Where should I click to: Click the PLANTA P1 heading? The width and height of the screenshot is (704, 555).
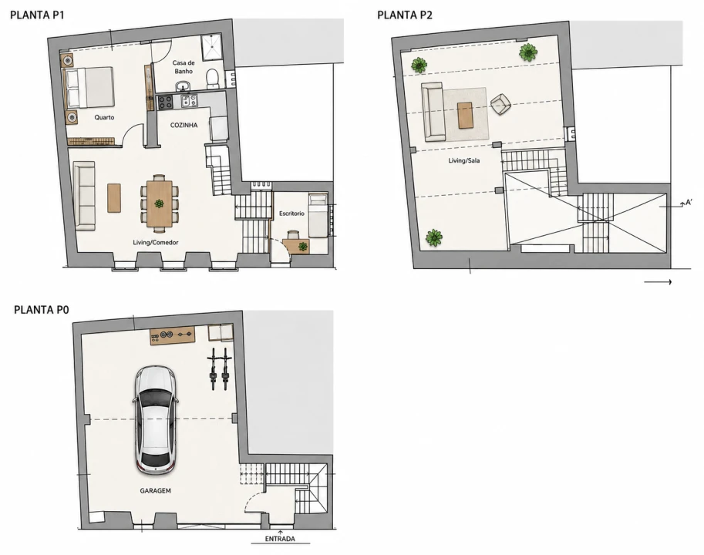point(37,15)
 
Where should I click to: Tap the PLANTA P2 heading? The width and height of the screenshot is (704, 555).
point(405,15)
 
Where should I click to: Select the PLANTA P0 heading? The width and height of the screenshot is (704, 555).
point(42,310)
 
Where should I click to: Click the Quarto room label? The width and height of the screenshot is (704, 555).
point(104,117)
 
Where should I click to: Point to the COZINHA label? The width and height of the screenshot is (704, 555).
point(184,125)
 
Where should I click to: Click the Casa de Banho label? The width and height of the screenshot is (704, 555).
point(184,67)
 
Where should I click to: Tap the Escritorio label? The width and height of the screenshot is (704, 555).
point(291,213)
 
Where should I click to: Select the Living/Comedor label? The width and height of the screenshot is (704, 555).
point(155,242)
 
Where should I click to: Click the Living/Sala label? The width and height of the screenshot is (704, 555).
point(463,160)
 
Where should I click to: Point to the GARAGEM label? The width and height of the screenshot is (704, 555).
point(155,491)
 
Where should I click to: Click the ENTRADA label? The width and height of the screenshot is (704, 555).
point(280,539)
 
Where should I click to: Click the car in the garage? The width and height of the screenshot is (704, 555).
point(156,420)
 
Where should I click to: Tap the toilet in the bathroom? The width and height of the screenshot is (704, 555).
point(212,78)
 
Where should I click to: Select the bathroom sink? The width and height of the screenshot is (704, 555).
point(183,86)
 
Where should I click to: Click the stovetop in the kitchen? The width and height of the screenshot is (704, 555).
point(165,103)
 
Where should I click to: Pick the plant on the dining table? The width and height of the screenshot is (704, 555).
point(159,203)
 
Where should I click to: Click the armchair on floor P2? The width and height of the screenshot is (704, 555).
point(500,104)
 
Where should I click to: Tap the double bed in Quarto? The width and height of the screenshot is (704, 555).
point(89,88)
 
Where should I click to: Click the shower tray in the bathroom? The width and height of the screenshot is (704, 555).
point(211,48)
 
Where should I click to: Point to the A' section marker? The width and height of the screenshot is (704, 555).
point(689,203)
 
